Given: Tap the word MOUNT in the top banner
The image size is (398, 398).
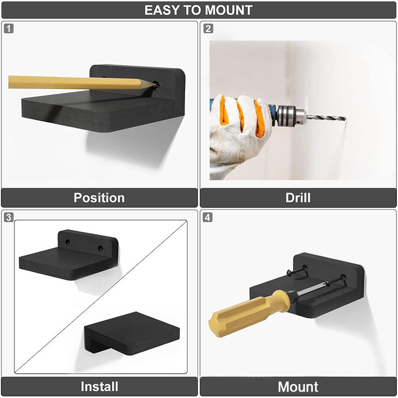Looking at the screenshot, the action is (x=228, y=10).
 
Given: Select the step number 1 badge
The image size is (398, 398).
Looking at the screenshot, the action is (x=8, y=28).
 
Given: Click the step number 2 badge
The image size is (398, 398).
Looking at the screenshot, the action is (x=208, y=28).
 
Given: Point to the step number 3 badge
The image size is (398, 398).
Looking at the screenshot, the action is (x=8, y=217).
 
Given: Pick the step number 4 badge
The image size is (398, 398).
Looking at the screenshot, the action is (x=207, y=217).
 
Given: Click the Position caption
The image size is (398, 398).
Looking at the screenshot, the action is (x=99, y=198).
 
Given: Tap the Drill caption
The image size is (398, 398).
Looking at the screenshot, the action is (x=298, y=198).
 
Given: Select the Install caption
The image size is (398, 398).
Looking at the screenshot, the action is (x=99, y=387).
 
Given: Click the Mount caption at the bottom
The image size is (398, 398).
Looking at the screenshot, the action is (x=298, y=387).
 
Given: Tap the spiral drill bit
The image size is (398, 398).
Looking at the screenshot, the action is (x=326, y=117).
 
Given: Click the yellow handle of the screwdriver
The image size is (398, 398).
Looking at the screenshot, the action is (x=250, y=313).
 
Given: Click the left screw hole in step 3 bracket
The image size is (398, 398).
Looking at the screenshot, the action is (x=68, y=242).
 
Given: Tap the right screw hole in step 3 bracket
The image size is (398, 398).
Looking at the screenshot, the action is (x=100, y=248).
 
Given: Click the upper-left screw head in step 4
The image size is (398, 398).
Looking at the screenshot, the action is (x=290, y=273).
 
